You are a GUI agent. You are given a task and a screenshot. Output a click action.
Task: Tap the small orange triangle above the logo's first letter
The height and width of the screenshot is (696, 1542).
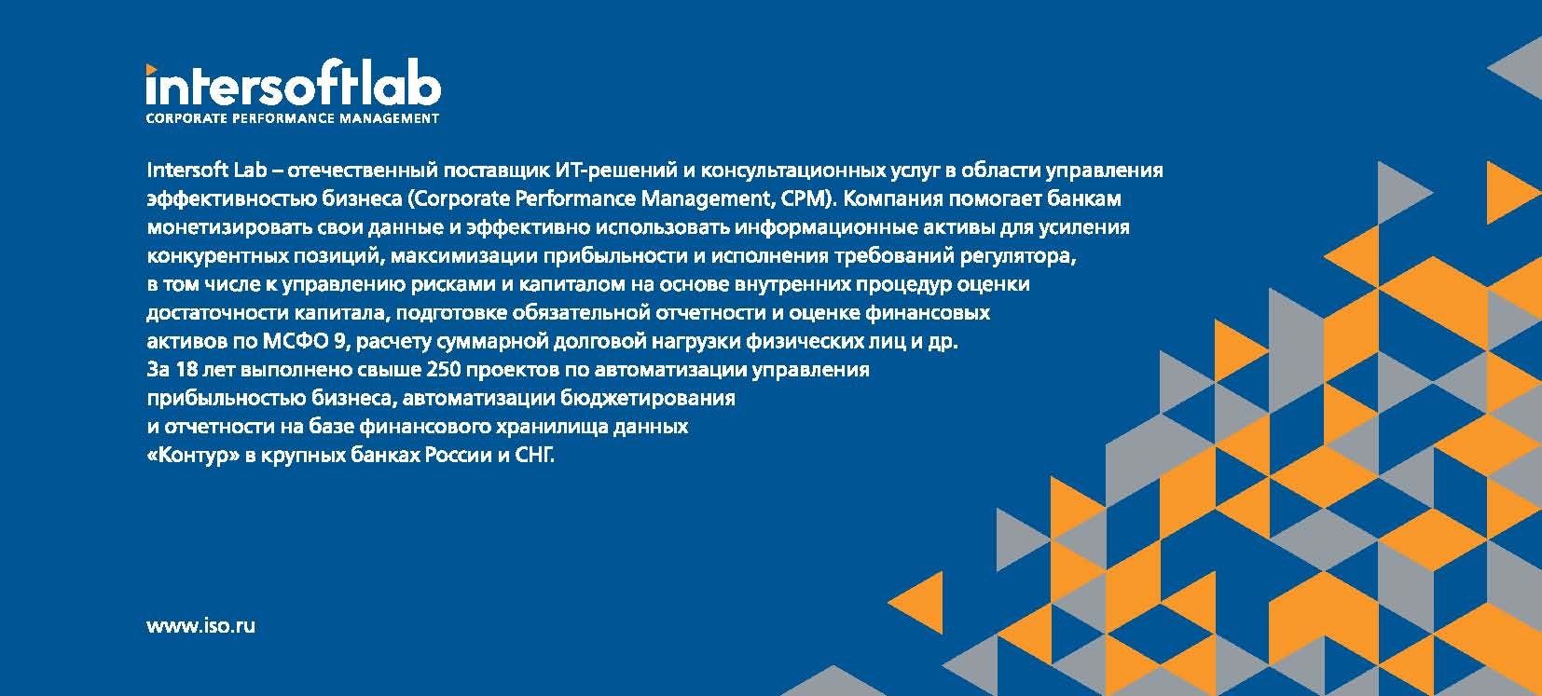(151, 69)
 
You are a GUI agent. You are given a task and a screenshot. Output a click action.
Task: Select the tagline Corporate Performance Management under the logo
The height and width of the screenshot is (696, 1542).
(293, 118)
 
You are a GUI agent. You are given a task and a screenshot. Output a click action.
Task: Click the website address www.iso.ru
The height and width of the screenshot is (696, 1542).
(201, 626)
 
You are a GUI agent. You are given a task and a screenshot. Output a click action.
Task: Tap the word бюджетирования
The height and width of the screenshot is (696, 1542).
(648, 398)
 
